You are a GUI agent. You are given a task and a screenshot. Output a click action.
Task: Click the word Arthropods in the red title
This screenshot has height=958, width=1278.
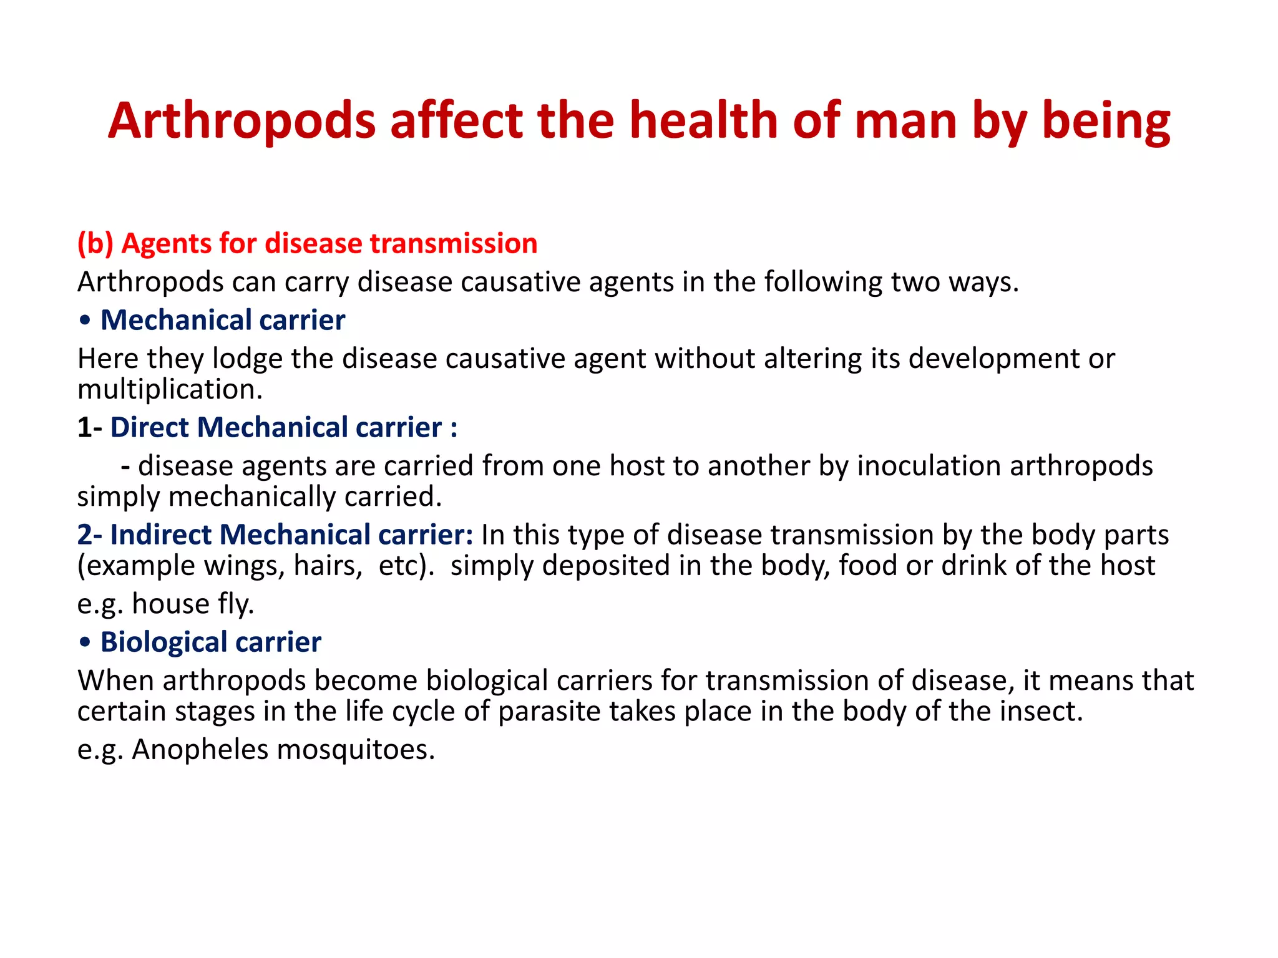(242, 121)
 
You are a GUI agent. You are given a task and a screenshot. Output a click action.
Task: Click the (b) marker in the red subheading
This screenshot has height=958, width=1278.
(95, 243)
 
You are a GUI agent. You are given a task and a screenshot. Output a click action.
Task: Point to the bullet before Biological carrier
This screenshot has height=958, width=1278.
(85, 642)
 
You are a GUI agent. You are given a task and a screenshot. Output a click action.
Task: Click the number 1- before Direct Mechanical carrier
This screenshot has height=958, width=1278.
(90, 428)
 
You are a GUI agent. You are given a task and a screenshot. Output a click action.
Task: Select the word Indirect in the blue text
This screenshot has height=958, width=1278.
(160, 535)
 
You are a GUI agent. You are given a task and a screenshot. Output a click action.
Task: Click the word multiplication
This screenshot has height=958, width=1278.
(170, 390)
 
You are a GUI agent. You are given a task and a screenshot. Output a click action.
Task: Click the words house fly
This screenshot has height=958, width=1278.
(193, 604)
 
